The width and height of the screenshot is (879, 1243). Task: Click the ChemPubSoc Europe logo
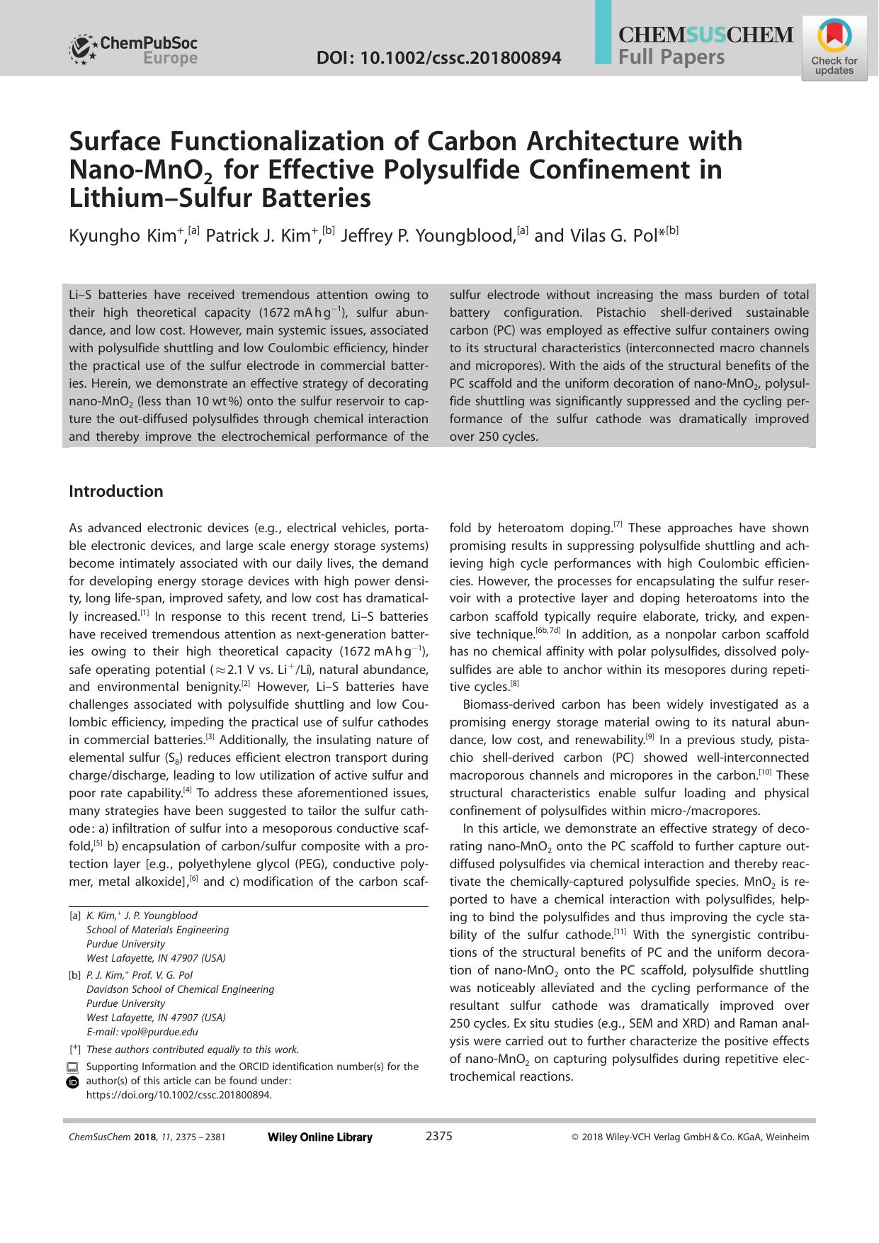click(x=133, y=50)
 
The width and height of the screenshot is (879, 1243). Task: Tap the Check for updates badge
click(x=834, y=50)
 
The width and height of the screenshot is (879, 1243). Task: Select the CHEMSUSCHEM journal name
click(x=705, y=35)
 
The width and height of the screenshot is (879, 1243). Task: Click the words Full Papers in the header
click(x=671, y=57)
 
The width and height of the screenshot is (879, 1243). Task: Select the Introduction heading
click(x=115, y=491)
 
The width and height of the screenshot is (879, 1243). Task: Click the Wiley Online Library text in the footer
click(x=319, y=1137)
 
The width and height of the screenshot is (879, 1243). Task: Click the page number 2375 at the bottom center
click(x=438, y=1137)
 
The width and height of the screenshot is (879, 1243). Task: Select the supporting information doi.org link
click(x=178, y=1094)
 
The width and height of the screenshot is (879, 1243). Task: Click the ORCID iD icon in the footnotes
click(x=72, y=1082)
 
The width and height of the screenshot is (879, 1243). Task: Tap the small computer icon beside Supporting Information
click(x=72, y=1067)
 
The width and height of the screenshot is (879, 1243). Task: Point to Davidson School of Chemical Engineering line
click(x=180, y=989)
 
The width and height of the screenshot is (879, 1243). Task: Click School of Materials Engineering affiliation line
click(x=157, y=930)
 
